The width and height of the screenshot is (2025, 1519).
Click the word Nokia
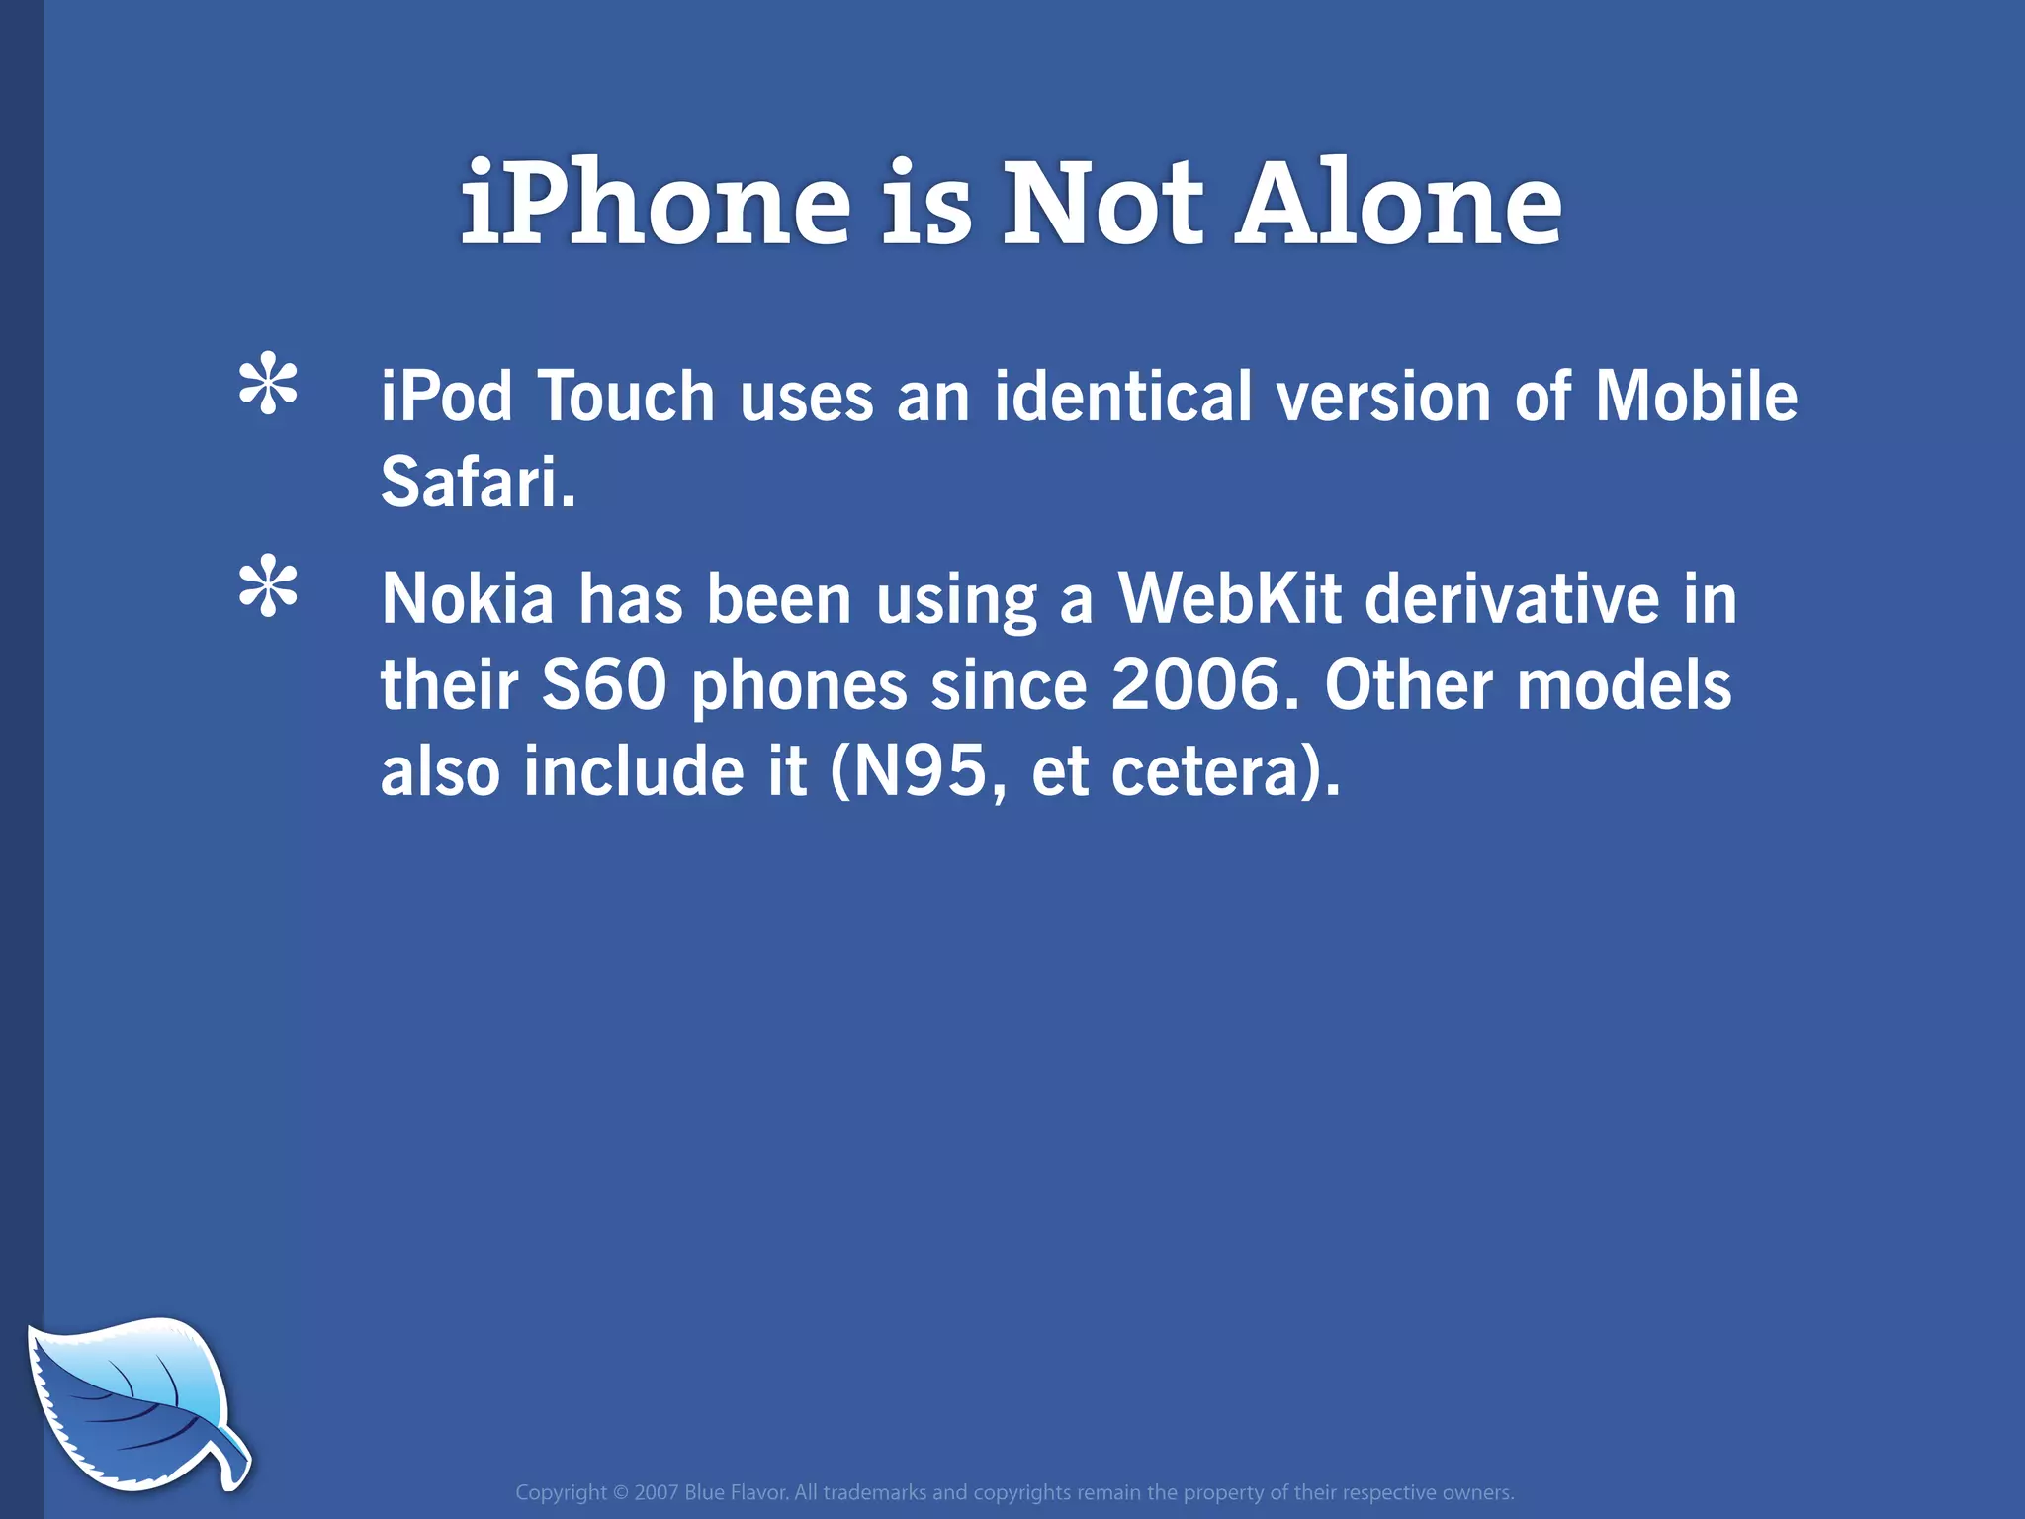[468, 600]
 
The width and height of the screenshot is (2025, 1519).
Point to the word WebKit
[1229, 600]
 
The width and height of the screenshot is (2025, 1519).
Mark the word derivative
[1512, 600]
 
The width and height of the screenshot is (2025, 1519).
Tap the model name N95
[920, 772]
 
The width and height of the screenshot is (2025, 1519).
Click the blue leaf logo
[133, 1403]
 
